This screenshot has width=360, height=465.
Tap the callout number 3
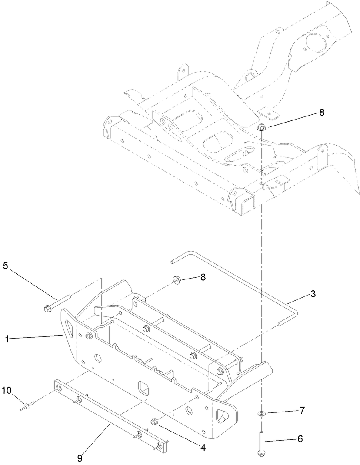(313, 294)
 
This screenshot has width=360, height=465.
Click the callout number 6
(300, 439)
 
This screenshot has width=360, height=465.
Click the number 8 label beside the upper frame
(321, 113)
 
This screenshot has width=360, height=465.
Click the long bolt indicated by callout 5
(58, 303)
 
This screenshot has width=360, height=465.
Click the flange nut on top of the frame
(261, 127)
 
